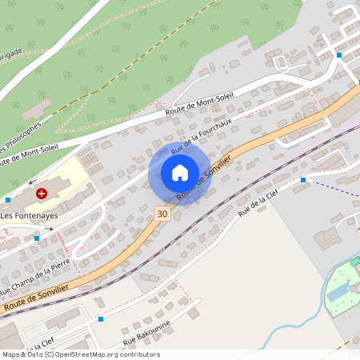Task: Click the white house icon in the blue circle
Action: [x=180, y=172]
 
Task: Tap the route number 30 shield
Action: [x=162, y=214]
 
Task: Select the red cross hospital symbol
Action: [x=42, y=193]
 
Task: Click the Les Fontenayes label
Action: [x=28, y=215]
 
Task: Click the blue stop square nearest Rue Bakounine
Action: [x=101, y=319]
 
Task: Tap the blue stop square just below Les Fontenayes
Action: [x=37, y=238]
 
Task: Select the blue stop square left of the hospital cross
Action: [x=8, y=199]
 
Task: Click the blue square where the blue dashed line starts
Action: [x=303, y=180]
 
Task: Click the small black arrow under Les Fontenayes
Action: [x=50, y=229]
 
